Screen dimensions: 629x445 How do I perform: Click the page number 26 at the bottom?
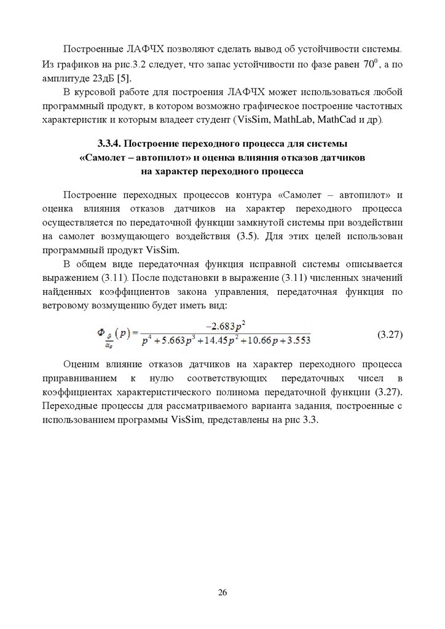(222, 593)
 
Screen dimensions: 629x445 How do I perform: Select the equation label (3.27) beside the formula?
(388, 335)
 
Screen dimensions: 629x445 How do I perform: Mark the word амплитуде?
(65, 78)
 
